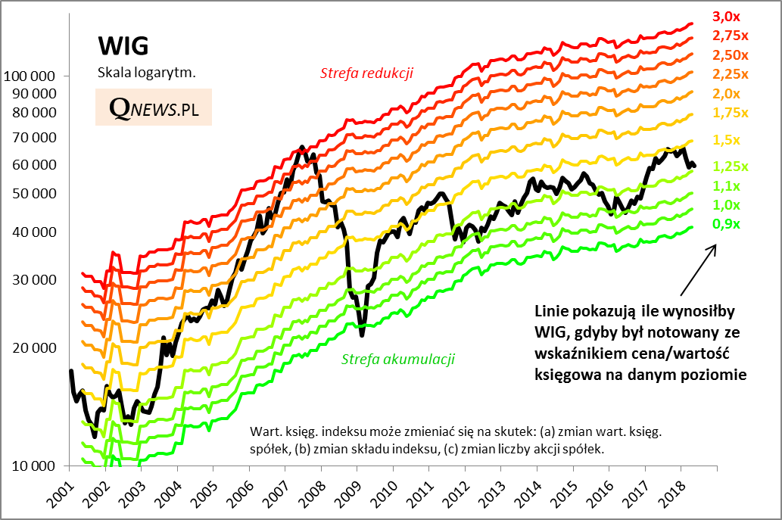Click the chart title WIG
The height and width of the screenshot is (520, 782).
point(123,46)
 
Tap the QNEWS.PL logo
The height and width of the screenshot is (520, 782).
point(154,109)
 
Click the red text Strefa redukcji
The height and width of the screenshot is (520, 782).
point(366,73)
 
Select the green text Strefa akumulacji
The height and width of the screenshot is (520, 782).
point(398,359)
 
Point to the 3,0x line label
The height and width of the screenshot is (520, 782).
point(726,16)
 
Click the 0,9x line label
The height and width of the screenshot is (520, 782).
point(726,224)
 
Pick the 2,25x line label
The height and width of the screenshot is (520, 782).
point(730,73)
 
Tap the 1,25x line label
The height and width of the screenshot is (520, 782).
point(730,167)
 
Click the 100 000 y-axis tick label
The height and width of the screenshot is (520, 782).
point(30,76)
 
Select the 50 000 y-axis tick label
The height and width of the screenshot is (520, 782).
point(33,194)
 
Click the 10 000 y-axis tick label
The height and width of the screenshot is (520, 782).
point(33,466)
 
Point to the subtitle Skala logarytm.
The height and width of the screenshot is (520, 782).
point(146,73)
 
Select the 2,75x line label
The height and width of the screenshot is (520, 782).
point(730,35)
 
